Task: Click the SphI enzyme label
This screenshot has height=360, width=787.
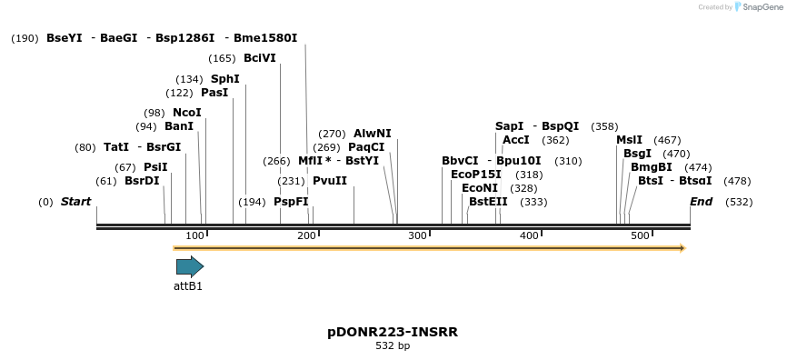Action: [225, 79]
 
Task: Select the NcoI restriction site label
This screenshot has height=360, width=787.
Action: [187, 113]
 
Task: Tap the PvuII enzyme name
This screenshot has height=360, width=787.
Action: [330, 181]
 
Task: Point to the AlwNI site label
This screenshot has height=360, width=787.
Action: [373, 134]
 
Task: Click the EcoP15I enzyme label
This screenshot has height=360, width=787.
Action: [476, 175]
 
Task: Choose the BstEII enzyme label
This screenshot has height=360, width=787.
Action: [488, 202]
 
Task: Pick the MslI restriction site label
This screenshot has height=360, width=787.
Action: [629, 140]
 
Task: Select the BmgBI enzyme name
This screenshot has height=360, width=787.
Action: [652, 167]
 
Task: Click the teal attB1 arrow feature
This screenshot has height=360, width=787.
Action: [190, 266]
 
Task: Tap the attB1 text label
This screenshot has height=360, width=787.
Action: [188, 286]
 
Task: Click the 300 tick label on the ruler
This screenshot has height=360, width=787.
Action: [417, 236]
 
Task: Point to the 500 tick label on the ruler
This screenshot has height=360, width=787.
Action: [640, 236]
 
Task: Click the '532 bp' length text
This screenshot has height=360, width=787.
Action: [393, 346]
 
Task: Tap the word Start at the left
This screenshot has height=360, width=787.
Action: [76, 202]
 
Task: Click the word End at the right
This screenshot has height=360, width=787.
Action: [701, 202]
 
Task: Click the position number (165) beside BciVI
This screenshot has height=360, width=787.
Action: [222, 59]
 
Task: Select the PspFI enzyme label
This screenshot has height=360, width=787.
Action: [291, 202]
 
